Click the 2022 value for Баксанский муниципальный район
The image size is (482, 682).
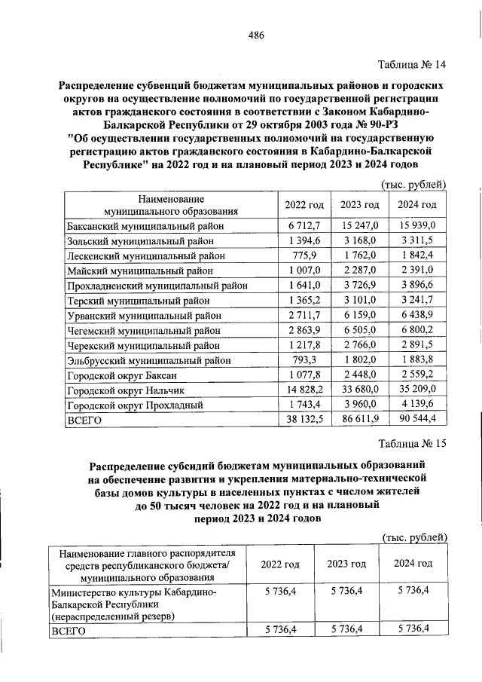(305, 225)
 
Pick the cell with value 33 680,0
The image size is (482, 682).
(359, 390)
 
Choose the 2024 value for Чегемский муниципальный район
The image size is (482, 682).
(419, 330)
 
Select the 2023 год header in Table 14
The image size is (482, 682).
(359, 205)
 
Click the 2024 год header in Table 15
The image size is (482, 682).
(413, 564)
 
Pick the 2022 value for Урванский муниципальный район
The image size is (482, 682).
(305, 315)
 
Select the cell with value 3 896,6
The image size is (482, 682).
(419, 286)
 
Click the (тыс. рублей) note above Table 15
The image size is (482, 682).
(415, 537)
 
